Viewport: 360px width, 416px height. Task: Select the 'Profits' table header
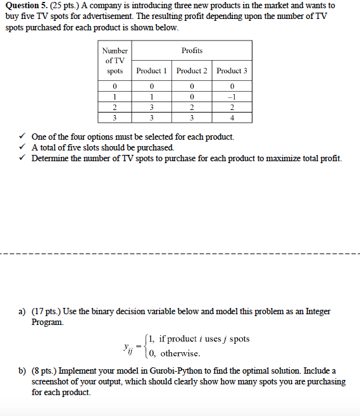point(192,50)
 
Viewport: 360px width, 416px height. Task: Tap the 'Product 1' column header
point(151,71)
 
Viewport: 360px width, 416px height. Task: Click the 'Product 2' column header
point(192,71)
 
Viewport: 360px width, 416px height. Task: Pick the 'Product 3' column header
point(232,71)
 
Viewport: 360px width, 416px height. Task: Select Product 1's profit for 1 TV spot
point(151,97)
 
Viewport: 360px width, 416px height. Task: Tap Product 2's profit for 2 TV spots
point(192,107)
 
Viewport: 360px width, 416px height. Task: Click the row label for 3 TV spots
point(115,117)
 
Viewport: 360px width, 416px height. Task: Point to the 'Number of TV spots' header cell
point(115,61)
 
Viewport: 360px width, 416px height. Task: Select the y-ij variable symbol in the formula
point(130,347)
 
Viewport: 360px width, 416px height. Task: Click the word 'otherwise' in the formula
point(180,353)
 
